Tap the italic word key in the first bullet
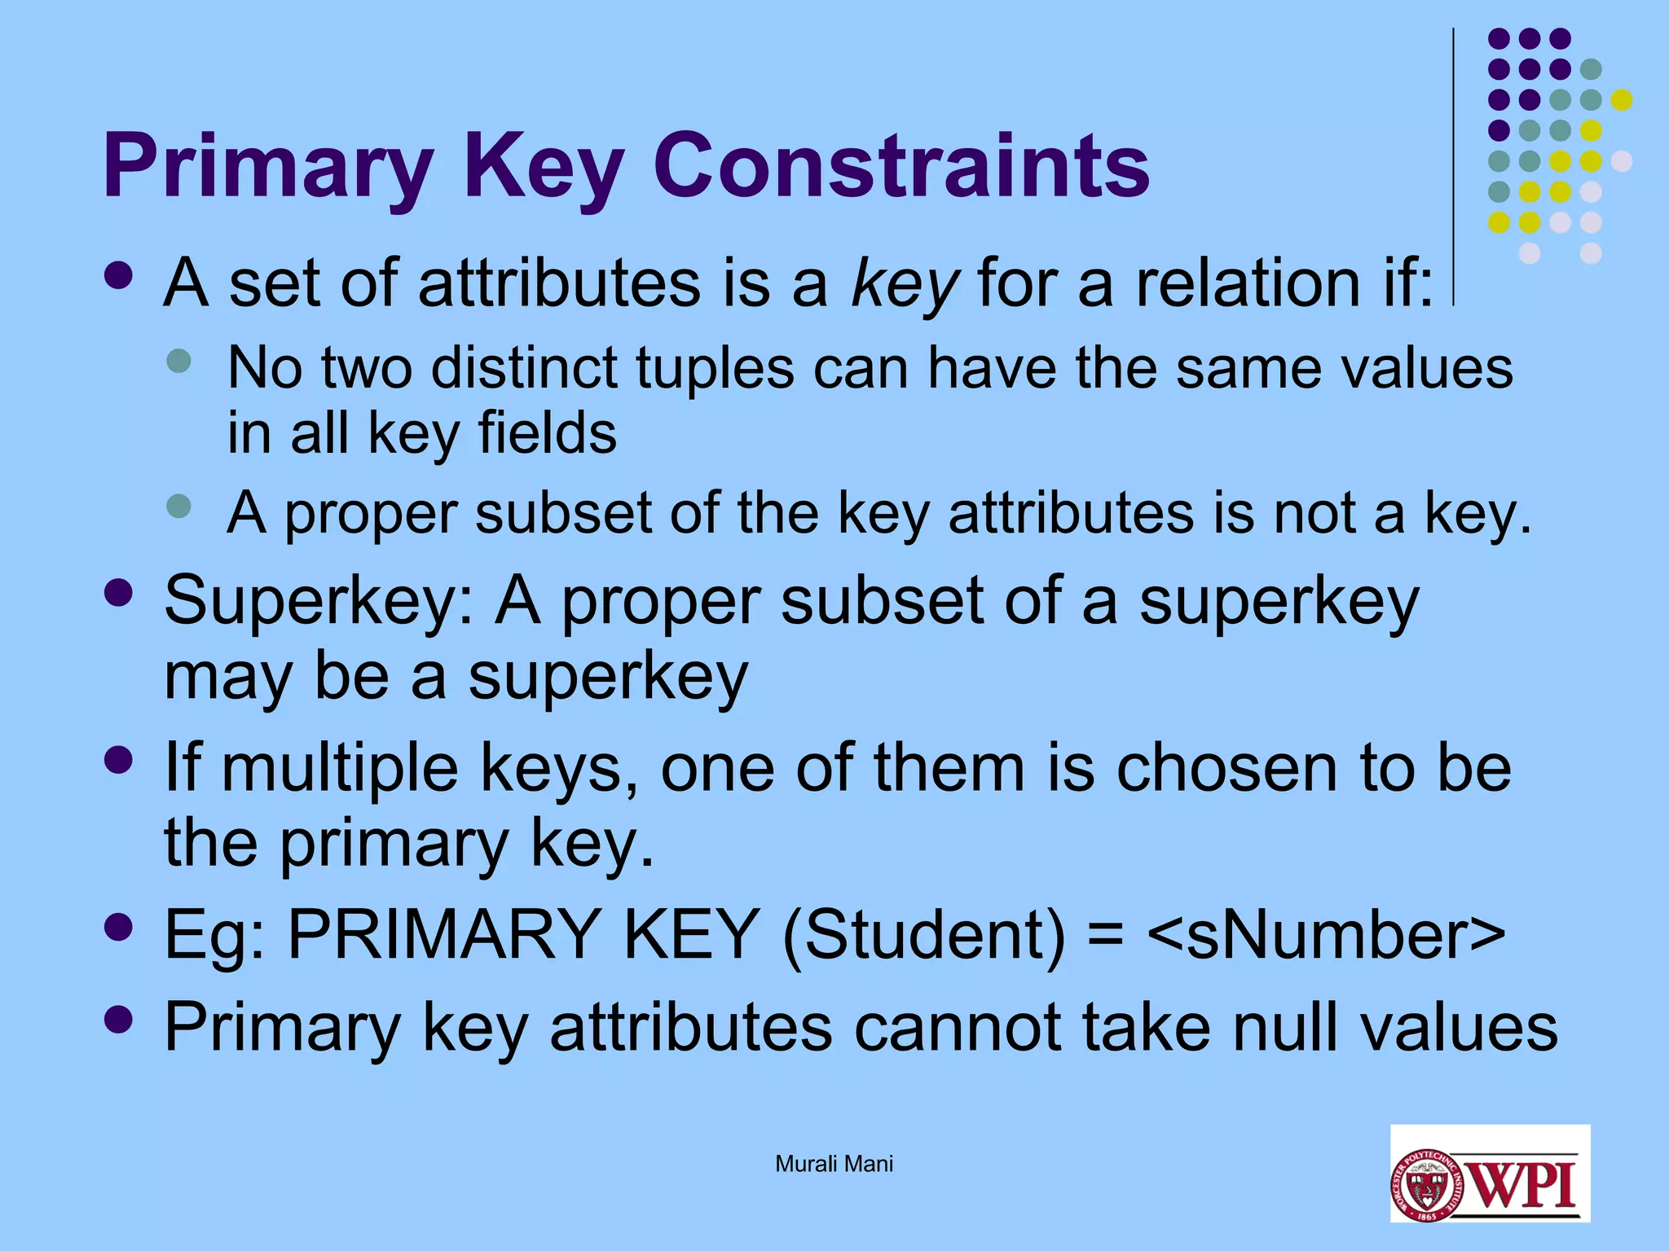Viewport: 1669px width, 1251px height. coord(904,284)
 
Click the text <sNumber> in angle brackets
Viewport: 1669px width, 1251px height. coord(1325,934)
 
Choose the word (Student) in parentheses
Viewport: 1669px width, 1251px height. coord(923,934)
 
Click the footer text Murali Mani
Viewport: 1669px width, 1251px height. coord(834,1164)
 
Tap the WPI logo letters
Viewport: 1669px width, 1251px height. coord(1525,1184)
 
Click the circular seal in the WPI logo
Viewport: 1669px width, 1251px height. coord(1427,1185)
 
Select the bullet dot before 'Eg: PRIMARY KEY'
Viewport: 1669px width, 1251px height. coord(119,927)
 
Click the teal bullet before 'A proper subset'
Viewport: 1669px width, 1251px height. coord(178,507)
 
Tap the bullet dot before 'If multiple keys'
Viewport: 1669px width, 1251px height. coord(119,760)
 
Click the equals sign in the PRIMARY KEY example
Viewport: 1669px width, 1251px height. coord(1106,934)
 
